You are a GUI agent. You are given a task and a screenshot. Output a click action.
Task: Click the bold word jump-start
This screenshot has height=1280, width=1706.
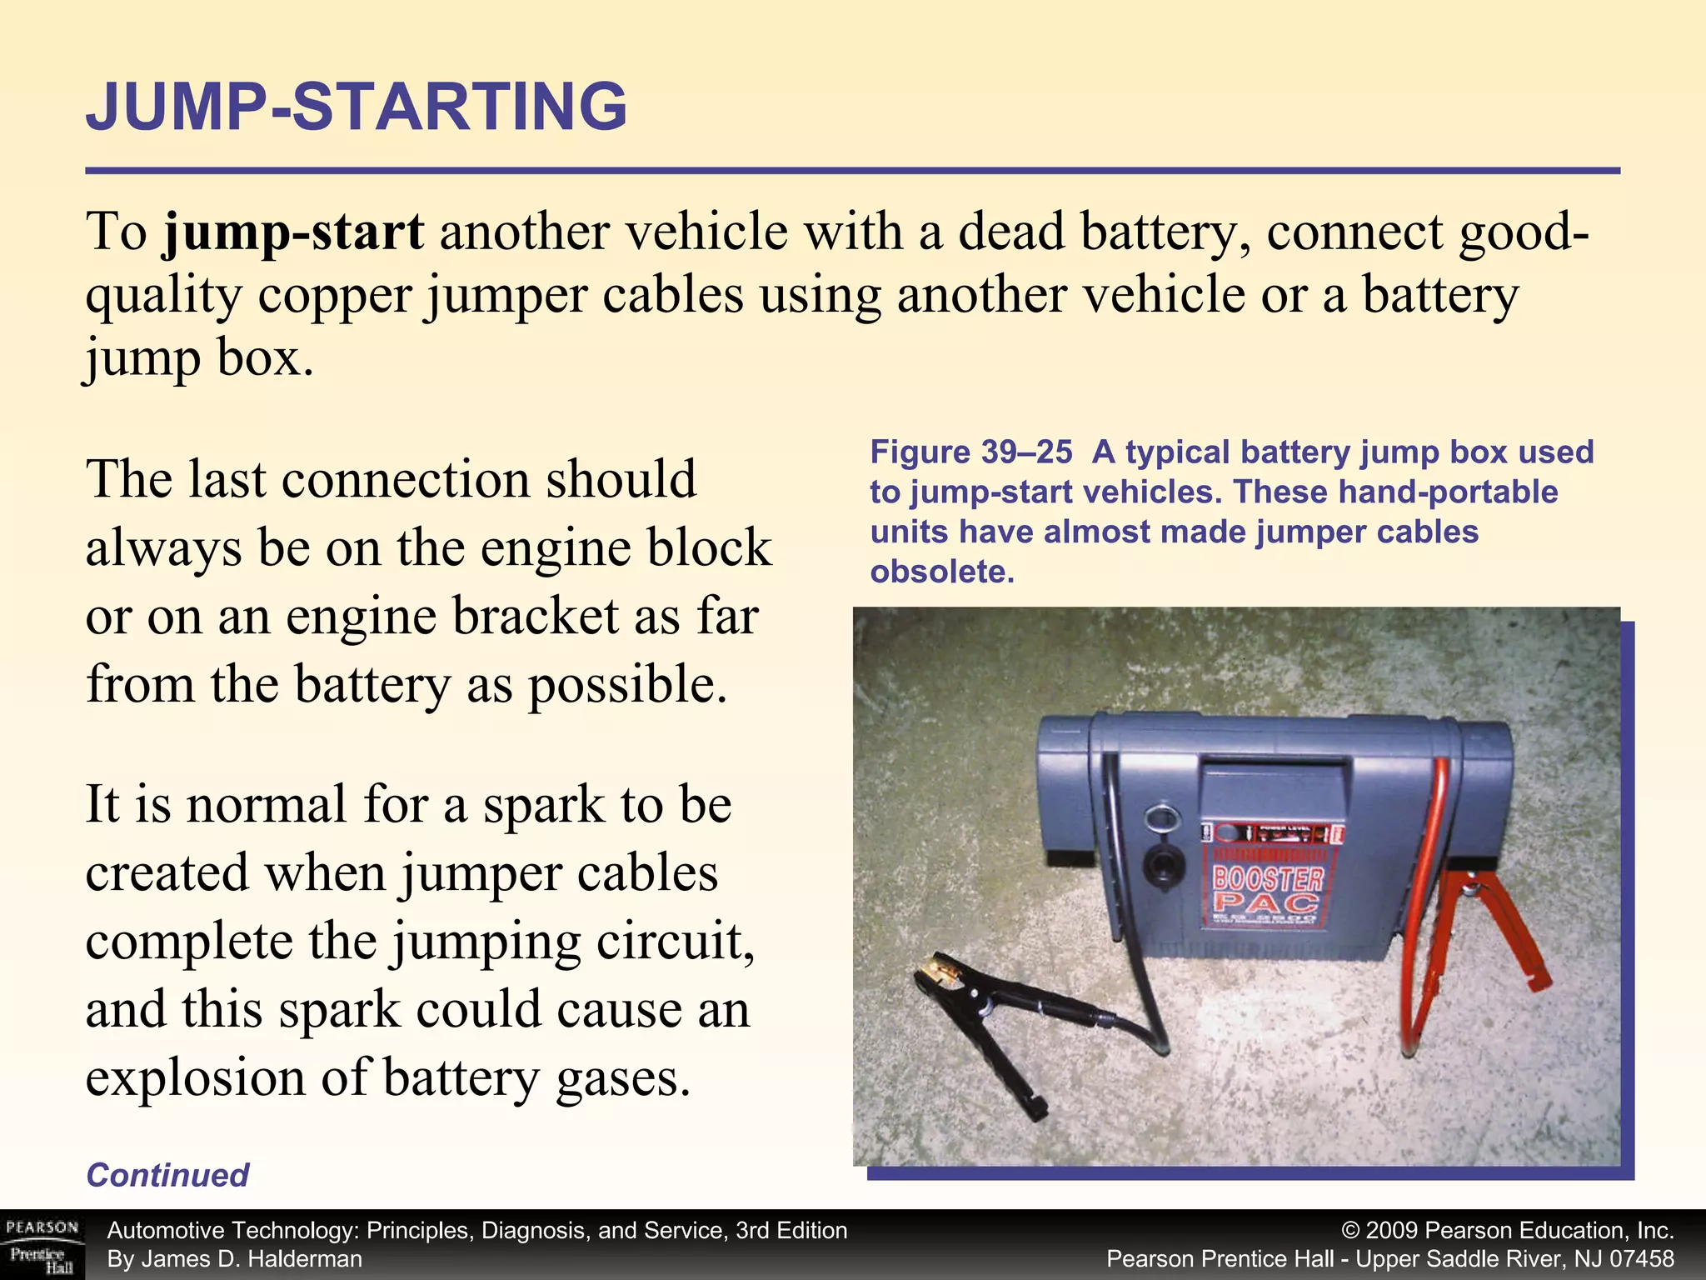click(294, 232)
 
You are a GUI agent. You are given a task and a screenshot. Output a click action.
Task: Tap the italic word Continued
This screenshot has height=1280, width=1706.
click(167, 1175)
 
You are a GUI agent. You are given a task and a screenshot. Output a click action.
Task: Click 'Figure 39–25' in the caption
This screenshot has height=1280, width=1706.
click(971, 452)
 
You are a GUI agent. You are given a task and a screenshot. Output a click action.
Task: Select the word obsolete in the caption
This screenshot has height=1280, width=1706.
click(942, 572)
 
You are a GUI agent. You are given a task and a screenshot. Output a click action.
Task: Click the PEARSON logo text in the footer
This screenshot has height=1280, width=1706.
click(42, 1227)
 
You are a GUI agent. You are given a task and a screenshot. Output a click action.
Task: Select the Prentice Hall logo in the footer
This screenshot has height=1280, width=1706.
click(42, 1260)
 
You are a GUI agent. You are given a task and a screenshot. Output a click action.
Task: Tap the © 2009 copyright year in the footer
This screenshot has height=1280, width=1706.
click(1394, 1231)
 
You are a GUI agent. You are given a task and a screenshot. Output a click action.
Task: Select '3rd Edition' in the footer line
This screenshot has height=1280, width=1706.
click(791, 1231)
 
